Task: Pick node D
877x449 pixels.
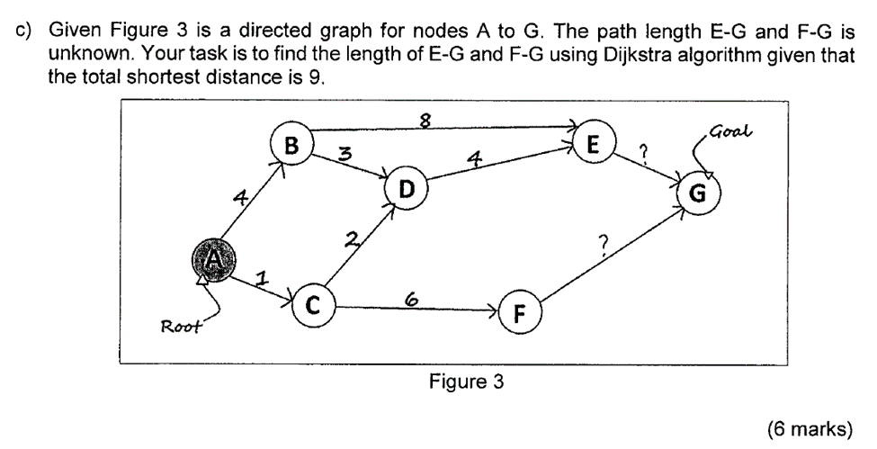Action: coord(407,189)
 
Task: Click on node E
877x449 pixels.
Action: coord(592,143)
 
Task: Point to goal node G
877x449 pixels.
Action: coord(697,193)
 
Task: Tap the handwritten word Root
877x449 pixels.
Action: coord(178,325)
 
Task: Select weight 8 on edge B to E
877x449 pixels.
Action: coord(438,117)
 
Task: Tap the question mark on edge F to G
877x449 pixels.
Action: coord(604,242)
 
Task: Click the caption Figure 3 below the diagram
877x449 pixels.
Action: coord(466,381)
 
